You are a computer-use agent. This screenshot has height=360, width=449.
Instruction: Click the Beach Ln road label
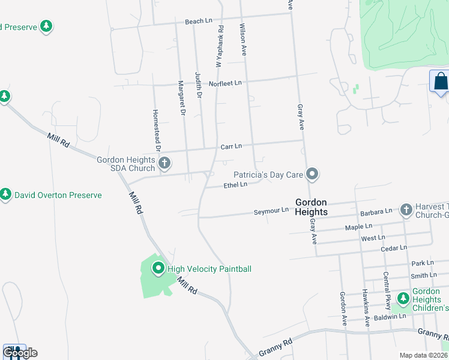199,21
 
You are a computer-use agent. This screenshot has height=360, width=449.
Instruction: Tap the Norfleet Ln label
224,83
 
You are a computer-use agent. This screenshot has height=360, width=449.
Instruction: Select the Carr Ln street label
231,146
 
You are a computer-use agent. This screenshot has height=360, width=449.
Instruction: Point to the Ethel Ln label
235,185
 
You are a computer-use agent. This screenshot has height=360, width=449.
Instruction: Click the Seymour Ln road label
271,211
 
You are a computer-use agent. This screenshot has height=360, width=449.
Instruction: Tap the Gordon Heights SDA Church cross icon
164,162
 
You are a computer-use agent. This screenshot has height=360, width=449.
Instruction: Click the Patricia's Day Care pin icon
312,175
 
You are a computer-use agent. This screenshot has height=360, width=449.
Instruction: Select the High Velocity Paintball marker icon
158,268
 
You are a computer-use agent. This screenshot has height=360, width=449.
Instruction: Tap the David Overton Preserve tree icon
6,194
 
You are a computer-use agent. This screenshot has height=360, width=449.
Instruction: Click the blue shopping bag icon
440,82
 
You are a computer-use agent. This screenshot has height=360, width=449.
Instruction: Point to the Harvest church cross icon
406,209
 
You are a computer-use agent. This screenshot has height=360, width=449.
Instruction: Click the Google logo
20,353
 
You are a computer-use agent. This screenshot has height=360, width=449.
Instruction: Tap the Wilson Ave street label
244,40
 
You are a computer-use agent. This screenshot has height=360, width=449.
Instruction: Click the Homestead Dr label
157,129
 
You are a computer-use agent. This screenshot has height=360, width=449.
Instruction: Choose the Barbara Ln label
376,212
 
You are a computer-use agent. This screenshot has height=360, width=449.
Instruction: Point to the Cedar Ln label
394,247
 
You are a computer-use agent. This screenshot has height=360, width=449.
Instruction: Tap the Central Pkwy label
387,290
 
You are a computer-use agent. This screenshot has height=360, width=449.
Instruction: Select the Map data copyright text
423,355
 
